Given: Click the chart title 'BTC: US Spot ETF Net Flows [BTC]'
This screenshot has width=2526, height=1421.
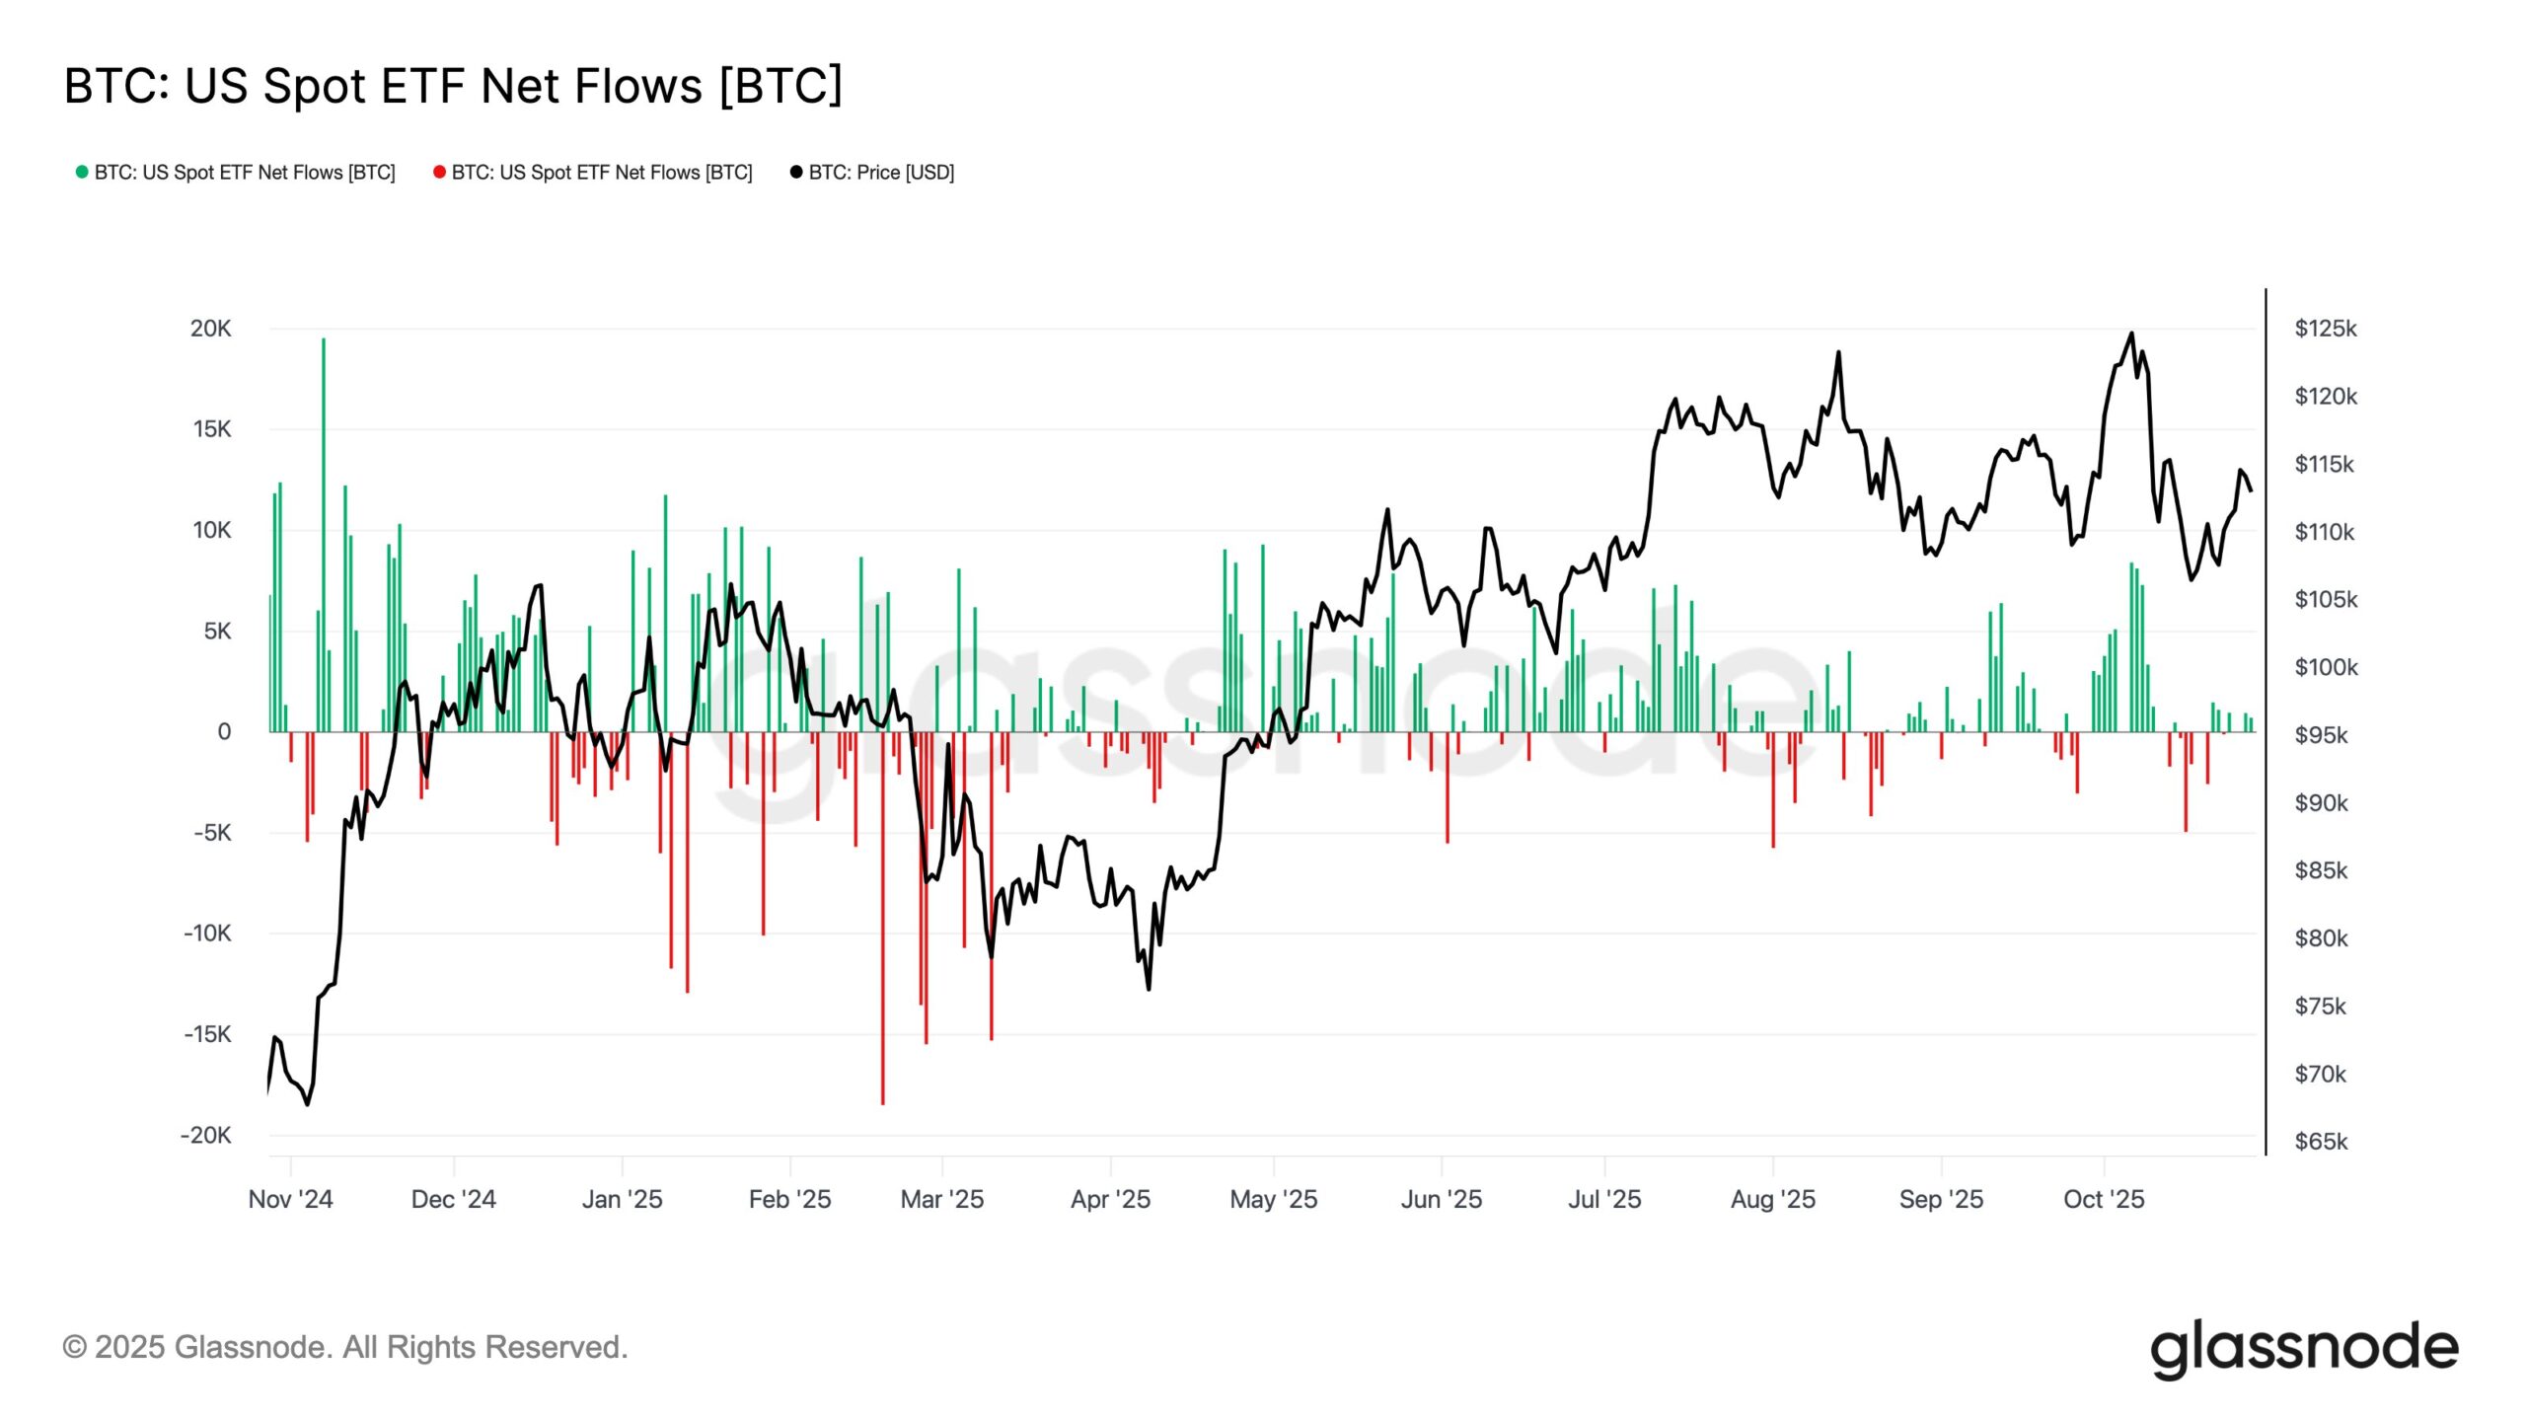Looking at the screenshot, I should click(x=453, y=86).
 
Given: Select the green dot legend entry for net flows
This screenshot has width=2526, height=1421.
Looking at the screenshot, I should click(x=236, y=173).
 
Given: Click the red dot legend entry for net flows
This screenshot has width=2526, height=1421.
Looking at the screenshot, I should click(x=593, y=173).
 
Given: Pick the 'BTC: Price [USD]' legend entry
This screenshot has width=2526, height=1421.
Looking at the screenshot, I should click(x=872, y=173).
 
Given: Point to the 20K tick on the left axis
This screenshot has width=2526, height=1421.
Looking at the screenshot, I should click(x=210, y=329).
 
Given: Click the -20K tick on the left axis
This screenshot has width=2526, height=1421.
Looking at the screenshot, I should click(x=205, y=1135).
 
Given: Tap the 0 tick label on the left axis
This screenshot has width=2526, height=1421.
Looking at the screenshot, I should click(x=224, y=731).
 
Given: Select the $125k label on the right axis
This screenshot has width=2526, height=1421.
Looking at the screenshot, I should click(x=2325, y=329).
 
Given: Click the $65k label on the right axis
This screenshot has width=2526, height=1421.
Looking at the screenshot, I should click(x=2321, y=1142).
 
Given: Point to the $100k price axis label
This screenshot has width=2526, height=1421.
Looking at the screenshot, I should click(x=2326, y=667).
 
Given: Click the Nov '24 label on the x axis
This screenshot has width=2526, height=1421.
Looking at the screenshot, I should click(x=290, y=1199).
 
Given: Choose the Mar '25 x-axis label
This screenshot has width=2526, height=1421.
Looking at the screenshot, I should click(x=941, y=1199).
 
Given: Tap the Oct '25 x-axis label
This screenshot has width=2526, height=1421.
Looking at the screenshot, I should click(x=2104, y=1199).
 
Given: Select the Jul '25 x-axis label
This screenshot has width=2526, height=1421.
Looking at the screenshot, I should click(x=1604, y=1199).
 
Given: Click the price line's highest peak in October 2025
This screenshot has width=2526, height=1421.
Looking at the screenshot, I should click(x=2131, y=334).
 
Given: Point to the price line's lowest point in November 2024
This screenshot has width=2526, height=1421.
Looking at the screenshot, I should click(x=307, y=1104).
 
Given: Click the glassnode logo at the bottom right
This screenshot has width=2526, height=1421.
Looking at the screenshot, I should click(x=2304, y=1348).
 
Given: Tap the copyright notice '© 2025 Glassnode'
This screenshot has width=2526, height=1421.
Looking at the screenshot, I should click(x=344, y=1347).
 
